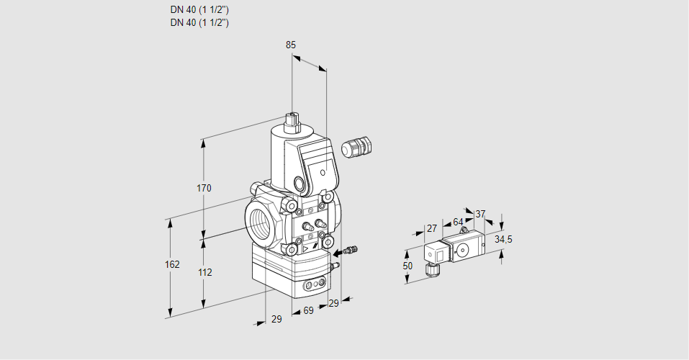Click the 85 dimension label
[x=291, y=45]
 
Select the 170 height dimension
[x=204, y=188]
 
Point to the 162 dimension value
[x=172, y=264]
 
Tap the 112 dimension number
[x=204, y=273]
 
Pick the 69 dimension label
[x=308, y=311]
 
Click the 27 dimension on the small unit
[x=432, y=228]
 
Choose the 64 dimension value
[x=458, y=222]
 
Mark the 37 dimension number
[x=480, y=214]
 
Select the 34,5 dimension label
[x=503, y=240]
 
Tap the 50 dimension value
[x=407, y=266]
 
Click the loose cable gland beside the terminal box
[x=356, y=146]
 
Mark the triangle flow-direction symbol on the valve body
[x=305, y=250]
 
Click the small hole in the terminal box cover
[x=323, y=173]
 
